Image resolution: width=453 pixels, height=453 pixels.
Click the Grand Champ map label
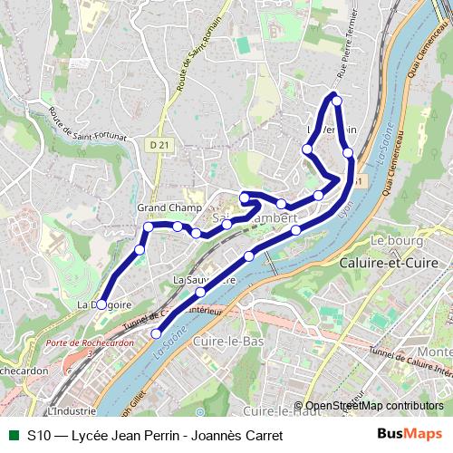pos(169,208)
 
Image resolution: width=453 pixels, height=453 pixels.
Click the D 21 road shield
pos(159,144)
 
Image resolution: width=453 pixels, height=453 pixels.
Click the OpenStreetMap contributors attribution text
pos(374,406)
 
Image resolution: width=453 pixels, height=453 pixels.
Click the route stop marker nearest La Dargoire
pos(101,304)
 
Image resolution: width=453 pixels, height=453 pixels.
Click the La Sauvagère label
pos(205,281)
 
